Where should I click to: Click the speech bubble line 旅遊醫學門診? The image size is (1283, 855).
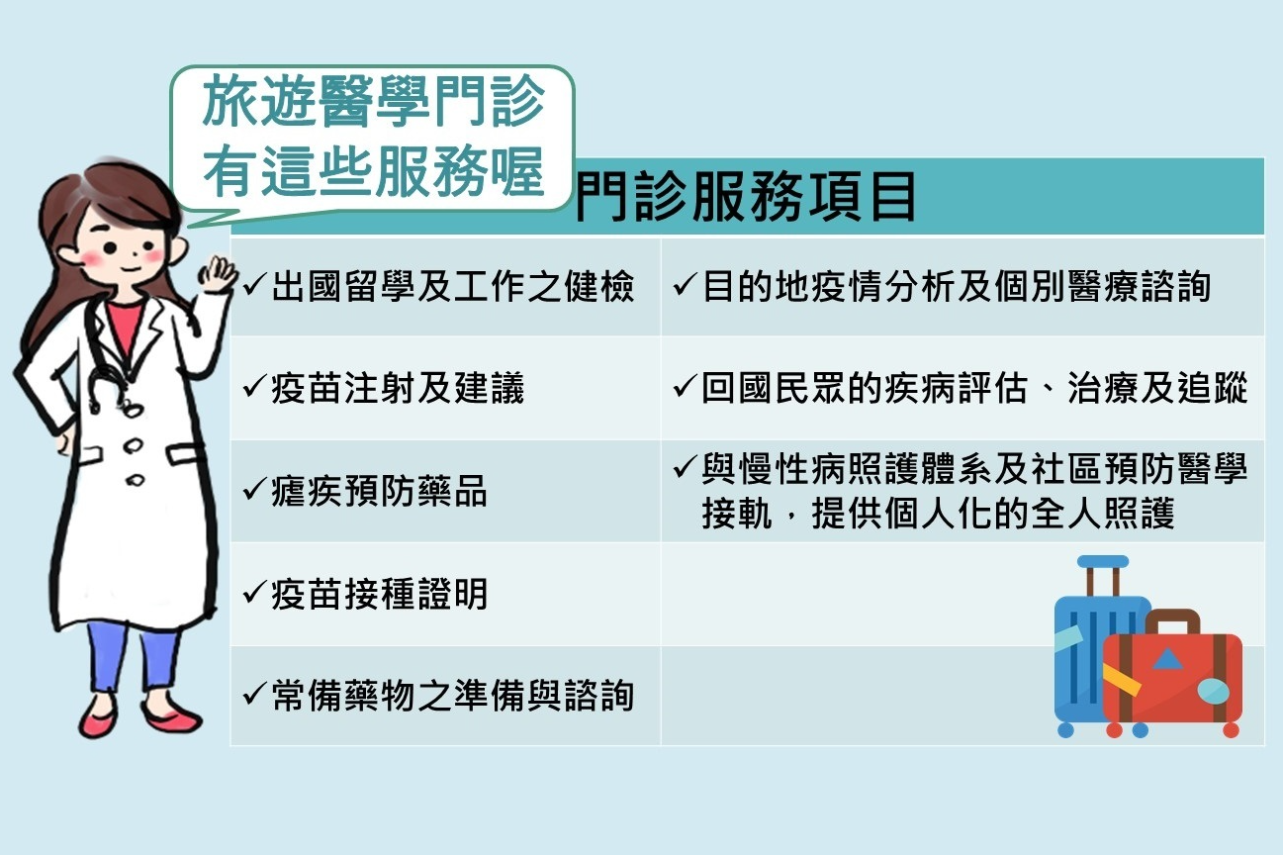tap(373, 104)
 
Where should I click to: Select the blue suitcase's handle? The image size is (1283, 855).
tap(1102, 574)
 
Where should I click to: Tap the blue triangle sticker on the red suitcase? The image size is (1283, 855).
tap(1167, 658)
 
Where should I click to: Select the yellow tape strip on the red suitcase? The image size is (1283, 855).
tap(1121, 680)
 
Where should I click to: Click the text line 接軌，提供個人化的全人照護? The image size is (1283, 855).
tap(938, 516)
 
